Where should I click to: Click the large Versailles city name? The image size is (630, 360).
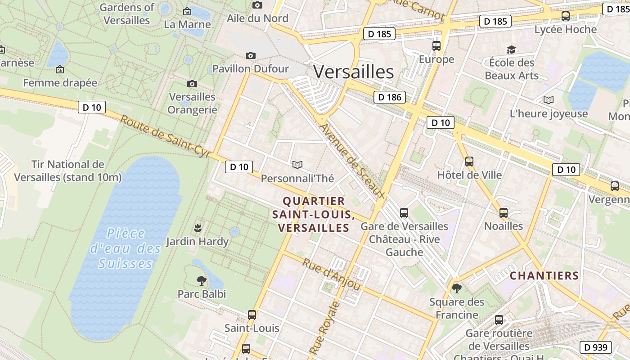(x=353, y=72)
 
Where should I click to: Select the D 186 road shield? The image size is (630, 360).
(x=389, y=97)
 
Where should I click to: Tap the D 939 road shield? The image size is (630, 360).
(x=596, y=347)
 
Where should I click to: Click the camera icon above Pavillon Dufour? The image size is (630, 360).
(x=251, y=55)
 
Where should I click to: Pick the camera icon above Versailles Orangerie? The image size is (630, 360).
(x=192, y=84)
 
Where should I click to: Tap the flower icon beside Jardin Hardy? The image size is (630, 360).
(x=197, y=228)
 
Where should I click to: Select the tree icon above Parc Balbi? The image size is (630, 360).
(x=202, y=281)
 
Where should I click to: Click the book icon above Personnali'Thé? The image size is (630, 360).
(x=297, y=165)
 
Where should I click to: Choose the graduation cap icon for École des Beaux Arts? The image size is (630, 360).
(x=511, y=49)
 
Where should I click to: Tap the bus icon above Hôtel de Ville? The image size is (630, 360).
(x=469, y=161)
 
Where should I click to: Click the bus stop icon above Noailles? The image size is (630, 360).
(x=504, y=212)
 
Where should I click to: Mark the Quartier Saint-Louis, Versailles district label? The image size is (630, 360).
(x=314, y=214)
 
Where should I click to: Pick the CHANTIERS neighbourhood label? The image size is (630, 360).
(x=544, y=275)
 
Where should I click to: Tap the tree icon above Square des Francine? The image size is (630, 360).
(x=457, y=288)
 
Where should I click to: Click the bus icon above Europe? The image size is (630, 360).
(x=436, y=45)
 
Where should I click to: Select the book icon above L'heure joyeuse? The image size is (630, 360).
(x=549, y=100)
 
